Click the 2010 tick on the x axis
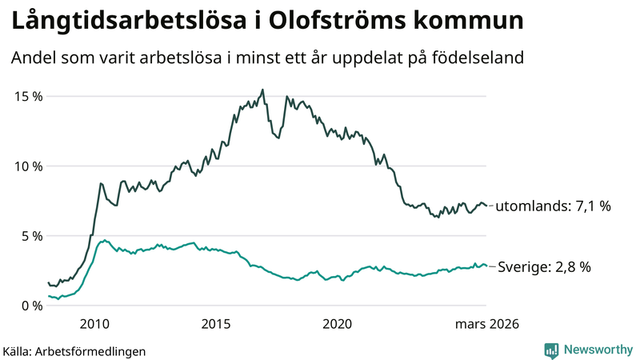94,324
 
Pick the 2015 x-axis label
216,324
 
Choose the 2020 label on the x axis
337,324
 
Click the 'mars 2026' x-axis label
486,324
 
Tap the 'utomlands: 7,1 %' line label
553,206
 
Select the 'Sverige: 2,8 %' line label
544,267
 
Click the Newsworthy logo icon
551,350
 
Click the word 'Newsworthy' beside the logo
596,350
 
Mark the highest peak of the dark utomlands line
262,90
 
